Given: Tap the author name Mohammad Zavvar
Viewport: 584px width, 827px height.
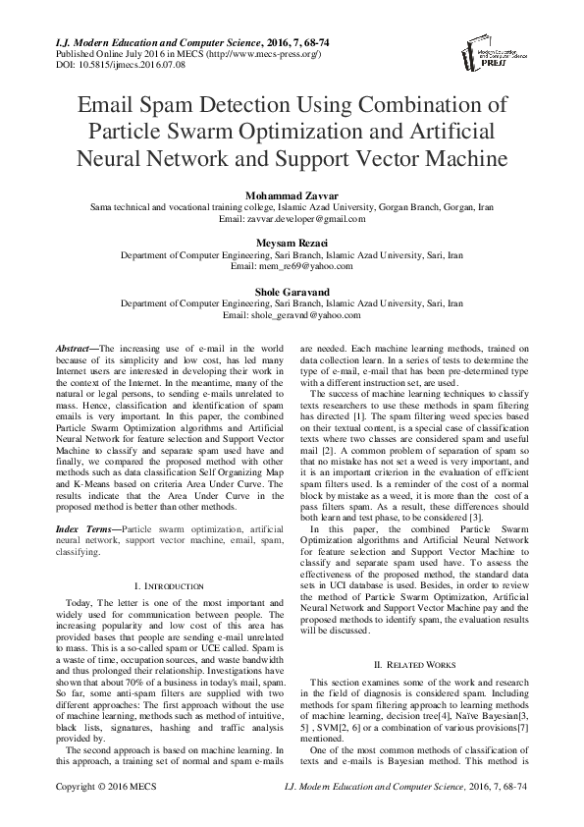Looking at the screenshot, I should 292,194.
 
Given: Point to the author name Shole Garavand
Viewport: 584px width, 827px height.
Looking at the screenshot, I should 292,292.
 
